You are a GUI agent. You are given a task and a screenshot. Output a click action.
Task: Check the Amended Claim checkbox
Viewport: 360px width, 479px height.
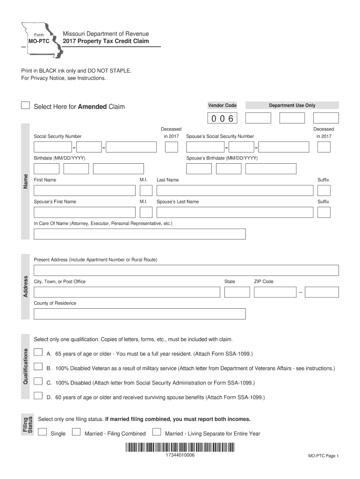(26, 105)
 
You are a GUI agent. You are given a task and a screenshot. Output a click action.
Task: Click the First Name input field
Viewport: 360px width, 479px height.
(85, 190)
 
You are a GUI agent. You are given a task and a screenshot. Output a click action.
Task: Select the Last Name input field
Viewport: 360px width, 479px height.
(235, 190)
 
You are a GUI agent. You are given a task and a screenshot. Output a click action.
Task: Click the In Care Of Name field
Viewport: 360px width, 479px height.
(139, 234)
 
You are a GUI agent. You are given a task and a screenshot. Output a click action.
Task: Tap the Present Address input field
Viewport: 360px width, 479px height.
(186, 270)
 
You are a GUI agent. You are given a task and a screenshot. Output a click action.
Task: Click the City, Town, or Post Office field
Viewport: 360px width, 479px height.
(126, 292)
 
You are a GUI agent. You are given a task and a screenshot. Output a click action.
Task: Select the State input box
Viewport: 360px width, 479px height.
(237, 292)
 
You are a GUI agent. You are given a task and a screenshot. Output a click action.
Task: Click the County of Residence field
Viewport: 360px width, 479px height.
(139, 313)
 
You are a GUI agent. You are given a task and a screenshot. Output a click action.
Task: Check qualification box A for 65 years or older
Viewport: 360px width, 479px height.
(38, 352)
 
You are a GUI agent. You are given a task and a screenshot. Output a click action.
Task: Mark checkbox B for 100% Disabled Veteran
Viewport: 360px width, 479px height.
(38, 367)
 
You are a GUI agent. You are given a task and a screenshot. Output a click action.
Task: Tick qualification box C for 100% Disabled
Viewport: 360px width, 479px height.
(38, 381)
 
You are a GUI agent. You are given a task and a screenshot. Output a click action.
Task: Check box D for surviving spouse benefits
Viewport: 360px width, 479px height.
(38, 396)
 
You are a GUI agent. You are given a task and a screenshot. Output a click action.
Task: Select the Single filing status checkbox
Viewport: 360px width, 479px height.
(43, 432)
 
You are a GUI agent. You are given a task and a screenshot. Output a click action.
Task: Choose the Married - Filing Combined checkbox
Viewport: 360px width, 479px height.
(76, 432)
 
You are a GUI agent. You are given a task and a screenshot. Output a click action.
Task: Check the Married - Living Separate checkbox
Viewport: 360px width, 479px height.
(157, 432)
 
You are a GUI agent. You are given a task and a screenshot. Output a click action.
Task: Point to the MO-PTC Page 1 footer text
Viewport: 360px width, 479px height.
(323, 456)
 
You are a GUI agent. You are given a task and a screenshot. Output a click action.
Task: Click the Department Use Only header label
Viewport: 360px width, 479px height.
(292, 106)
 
